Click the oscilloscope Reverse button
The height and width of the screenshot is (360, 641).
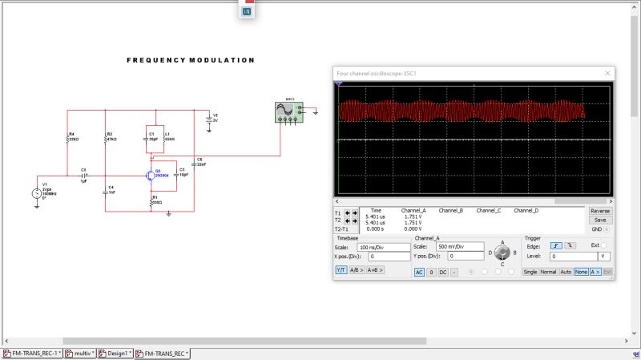click(600, 211)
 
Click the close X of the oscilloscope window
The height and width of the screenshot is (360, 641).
click(607, 73)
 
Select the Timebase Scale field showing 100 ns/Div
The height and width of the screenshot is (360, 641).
click(383, 247)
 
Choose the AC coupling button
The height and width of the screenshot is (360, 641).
click(419, 272)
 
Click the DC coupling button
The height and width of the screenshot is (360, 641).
click(442, 272)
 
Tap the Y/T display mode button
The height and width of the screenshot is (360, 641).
click(341, 270)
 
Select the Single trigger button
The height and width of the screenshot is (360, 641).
click(530, 272)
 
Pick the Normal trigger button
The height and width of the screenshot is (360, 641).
click(548, 272)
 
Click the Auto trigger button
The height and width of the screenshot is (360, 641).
click(566, 272)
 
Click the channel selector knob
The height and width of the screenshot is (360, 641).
click(502, 252)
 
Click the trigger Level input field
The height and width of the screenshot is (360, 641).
click(570, 256)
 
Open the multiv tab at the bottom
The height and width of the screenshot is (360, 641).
click(80, 353)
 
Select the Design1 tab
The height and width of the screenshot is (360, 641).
click(115, 353)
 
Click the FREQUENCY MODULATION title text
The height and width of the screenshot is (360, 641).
click(191, 60)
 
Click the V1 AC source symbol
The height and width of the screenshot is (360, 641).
click(37, 192)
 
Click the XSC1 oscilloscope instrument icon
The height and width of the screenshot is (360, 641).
click(285, 111)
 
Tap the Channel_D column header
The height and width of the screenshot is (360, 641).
click(526, 210)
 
